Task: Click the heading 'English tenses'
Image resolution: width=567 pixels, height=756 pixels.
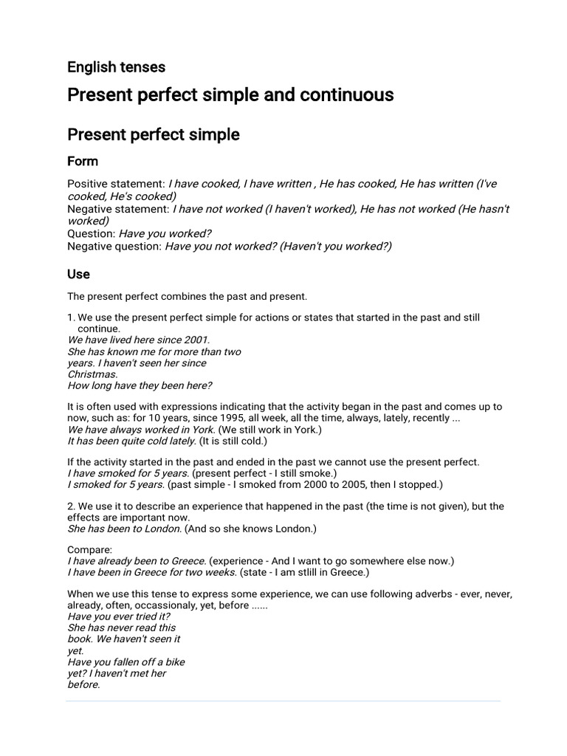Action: pyautogui.click(x=116, y=67)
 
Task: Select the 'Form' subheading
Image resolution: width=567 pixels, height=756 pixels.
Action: pyautogui.click(x=83, y=161)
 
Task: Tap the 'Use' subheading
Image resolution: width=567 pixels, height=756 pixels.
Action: pyautogui.click(x=78, y=274)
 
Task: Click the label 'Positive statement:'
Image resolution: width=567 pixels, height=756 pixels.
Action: pyautogui.click(x=116, y=184)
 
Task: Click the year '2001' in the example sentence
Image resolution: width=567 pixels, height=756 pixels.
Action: pyautogui.click(x=196, y=340)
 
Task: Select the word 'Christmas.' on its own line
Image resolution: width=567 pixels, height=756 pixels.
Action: pyautogui.click(x=92, y=374)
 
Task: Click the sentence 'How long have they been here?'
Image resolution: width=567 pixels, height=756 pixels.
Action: pyautogui.click(x=140, y=385)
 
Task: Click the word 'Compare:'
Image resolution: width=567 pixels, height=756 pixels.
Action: pyautogui.click(x=90, y=550)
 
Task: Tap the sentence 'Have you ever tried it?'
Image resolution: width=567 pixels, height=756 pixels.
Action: pyautogui.click(x=119, y=616)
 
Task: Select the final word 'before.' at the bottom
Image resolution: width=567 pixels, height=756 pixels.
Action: pyautogui.click(x=83, y=684)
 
